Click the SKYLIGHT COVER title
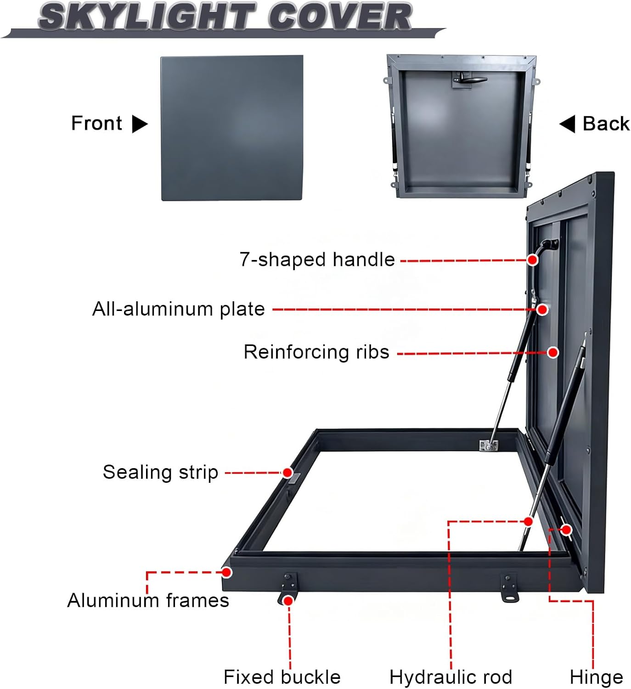pos(225,17)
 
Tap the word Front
pos(96,123)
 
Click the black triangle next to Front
pos(139,124)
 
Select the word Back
pos(606,124)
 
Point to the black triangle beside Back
pos(568,124)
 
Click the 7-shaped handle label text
pos(317,260)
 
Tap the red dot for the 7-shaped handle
pos(532,260)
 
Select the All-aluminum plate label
pos(179,309)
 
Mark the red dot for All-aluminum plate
pos(542,310)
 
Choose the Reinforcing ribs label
pos(316,352)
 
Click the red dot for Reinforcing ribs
pos(553,352)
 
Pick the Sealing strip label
pos(160,472)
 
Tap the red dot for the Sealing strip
pos(287,473)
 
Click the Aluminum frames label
pos(148,600)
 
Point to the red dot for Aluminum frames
pos(226,572)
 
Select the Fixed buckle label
pos(282,677)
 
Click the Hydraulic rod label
pos(451,677)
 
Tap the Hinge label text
pos(596,677)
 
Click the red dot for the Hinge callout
pos(567,530)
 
